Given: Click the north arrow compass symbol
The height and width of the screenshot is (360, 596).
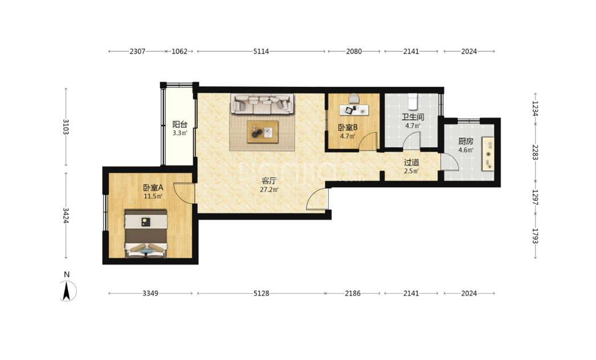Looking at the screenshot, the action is (67, 291).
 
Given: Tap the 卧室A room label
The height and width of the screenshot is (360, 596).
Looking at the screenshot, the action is (153, 187).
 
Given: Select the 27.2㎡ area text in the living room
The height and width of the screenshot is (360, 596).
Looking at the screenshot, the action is (269, 189).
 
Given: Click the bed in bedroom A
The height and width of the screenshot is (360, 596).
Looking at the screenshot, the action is (147, 233).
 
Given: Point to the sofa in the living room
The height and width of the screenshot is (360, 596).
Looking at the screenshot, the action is (262, 103).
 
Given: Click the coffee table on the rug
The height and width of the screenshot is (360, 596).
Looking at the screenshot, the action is (263, 132).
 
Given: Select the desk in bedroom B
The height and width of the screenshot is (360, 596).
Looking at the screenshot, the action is (354, 110).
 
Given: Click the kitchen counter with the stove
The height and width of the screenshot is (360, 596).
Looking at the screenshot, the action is (488, 153).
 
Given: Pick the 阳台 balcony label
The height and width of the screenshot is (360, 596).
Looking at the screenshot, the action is (180, 124).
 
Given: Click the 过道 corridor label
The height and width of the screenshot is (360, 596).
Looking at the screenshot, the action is (411, 163).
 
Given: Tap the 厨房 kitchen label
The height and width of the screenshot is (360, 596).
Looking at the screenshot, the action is (465, 141).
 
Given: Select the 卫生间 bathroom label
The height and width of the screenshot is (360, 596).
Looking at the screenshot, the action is (412, 117).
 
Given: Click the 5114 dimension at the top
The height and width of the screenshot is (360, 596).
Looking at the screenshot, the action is (261, 51).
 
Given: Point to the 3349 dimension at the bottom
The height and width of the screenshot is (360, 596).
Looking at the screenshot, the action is (151, 293).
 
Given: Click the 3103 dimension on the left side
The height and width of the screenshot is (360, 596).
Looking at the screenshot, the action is (66, 127).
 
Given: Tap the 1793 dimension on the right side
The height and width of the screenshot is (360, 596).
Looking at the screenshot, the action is (535, 236).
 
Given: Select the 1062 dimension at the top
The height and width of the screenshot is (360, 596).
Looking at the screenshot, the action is (180, 51).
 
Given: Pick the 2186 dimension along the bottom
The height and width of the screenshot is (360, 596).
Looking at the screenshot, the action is (352, 293).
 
